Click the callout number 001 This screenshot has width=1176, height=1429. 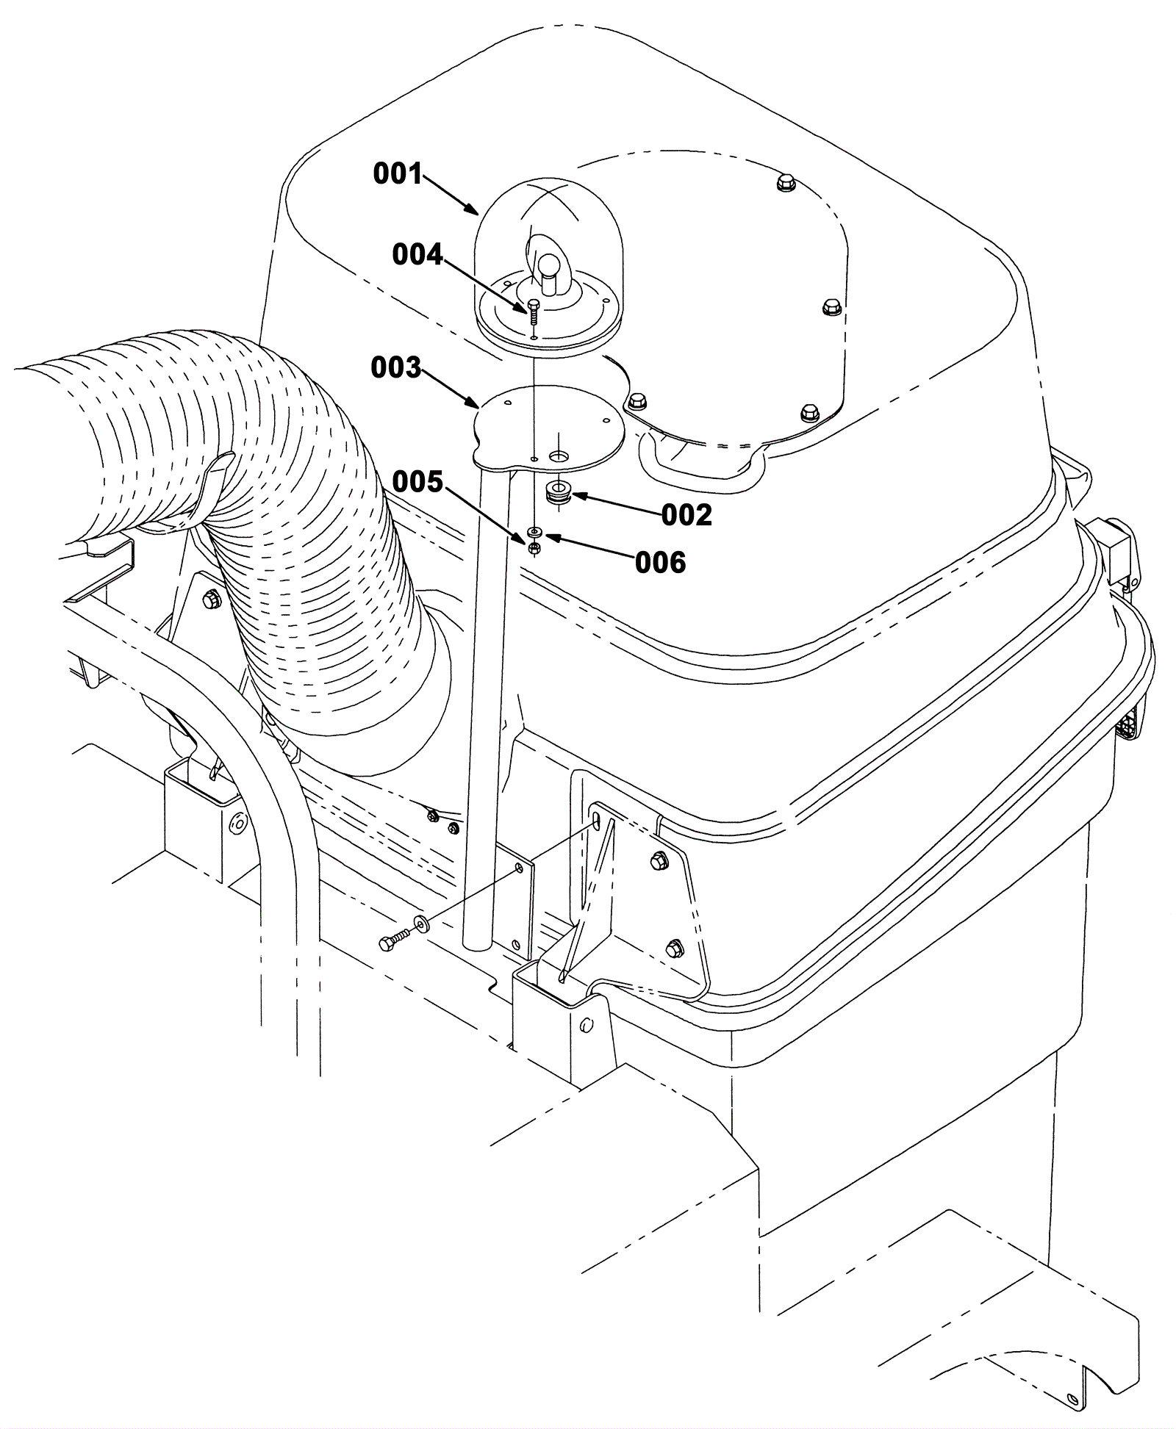[398, 174]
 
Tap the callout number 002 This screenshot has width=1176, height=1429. [686, 516]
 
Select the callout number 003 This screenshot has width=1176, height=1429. [395, 367]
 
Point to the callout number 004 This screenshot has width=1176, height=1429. [417, 255]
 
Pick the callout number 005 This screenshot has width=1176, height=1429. [417, 482]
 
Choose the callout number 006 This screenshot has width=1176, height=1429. [660, 563]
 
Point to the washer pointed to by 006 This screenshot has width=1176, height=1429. [535, 530]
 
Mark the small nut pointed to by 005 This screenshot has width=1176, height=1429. [535, 547]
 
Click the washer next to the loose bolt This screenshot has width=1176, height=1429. [422, 921]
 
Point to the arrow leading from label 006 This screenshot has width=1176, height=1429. [590, 550]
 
